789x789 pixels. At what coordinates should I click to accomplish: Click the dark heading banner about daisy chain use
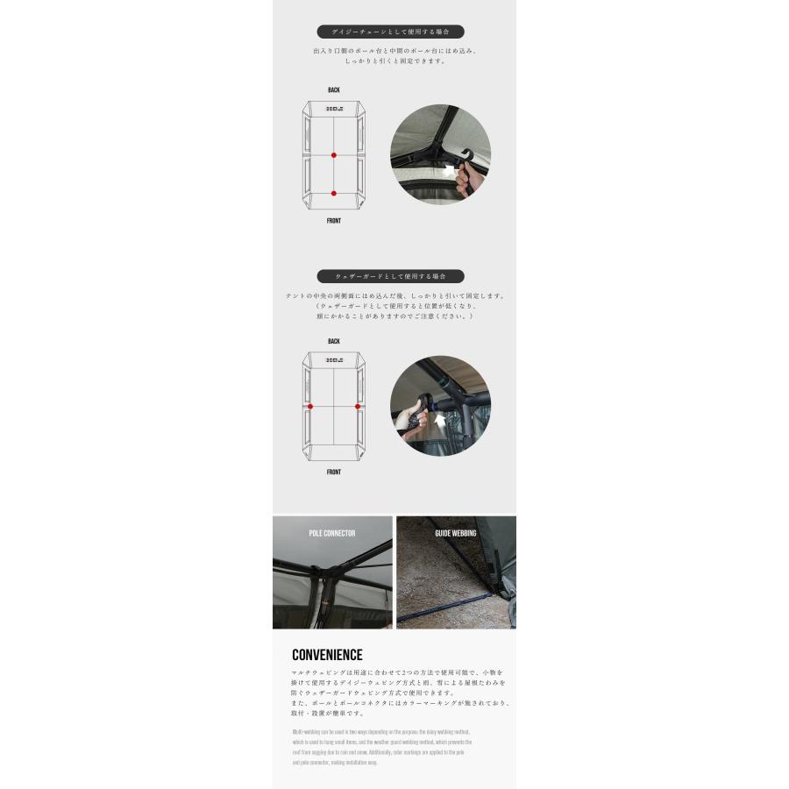pos(391,32)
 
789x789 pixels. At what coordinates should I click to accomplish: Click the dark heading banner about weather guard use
pos(391,275)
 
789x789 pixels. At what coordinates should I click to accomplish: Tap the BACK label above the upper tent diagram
pos(334,90)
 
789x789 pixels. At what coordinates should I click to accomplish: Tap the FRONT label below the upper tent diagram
pos(334,221)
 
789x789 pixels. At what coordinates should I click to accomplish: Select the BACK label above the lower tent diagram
pos(334,342)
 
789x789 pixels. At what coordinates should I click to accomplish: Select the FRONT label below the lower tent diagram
pos(334,473)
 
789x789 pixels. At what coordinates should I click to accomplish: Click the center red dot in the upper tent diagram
pos(334,155)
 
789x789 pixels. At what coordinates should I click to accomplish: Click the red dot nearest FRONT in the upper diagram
pos(334,193)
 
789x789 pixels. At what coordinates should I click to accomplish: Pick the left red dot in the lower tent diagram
pos(309,407)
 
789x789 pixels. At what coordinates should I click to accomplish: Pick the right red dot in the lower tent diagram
pos(358,407)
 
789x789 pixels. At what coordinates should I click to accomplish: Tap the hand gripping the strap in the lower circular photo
pos(409,419)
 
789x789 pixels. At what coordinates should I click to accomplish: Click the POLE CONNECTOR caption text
pos(332,533)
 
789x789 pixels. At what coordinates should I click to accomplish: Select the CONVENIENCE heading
pos(327,655)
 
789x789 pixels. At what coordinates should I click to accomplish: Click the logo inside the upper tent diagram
pos(334,110)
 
